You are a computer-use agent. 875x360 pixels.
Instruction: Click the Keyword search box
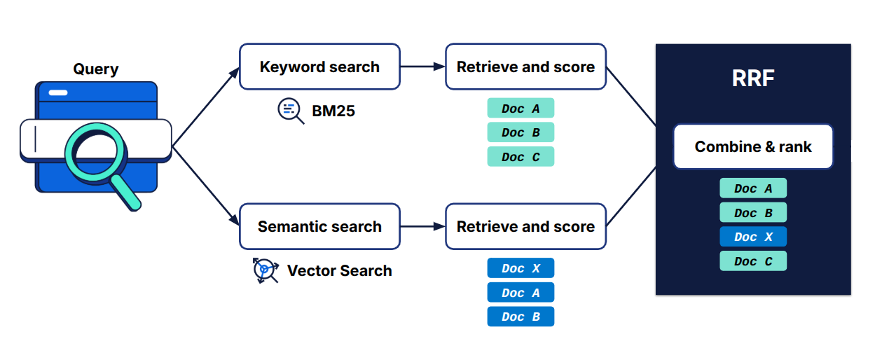coord(319,67)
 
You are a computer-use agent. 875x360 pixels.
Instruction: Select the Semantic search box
coord(319,226)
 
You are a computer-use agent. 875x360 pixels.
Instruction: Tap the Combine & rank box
coord(753,146)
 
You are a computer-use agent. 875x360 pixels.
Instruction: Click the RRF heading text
coord(753,78)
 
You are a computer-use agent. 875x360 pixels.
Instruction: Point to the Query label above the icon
coord(96,69)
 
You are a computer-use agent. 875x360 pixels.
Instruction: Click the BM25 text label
coord(333,111)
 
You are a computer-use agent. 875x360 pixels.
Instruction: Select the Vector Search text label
coord(340,271)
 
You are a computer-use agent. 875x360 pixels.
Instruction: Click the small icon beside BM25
coord(290,111)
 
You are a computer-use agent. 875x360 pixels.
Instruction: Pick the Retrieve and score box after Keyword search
coord(525,67)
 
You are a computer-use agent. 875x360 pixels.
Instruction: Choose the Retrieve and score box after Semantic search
coord(525,226)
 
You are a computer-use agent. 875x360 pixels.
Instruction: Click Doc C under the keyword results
coord(521,157)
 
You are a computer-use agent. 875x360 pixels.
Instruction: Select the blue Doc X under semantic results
coord(521,268)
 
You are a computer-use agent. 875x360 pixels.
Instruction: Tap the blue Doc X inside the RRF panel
coord(753,237)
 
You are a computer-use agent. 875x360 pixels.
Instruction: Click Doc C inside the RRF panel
coord(753,261)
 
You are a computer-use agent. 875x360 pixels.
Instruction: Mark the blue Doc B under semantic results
coord(521,317)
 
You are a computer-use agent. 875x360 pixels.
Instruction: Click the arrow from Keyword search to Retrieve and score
coord(422,67)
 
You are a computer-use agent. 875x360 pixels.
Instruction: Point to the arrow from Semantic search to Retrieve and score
coord(422,226)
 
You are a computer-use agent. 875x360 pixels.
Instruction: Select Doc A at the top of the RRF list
coord(753,188)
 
